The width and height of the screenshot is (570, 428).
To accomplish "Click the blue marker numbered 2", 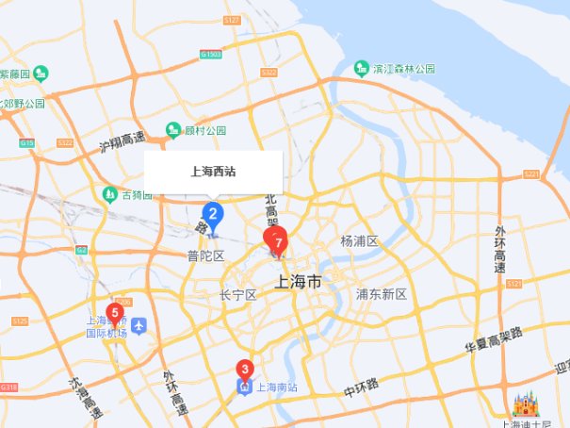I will pyautogui.click(x=213, y=214).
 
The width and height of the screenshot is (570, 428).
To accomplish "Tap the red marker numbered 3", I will pyautogui.click(x=245, y=370).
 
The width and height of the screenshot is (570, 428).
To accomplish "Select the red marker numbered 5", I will pyautogui.click(x=116, y=313).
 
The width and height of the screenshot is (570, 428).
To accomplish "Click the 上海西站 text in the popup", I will pyautogui.click(x=213, y=172).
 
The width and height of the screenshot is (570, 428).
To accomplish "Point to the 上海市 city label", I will pyautogui.click(x=298, y=282).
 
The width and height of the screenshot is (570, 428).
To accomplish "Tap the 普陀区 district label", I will pyautogui.click(x=204, y=255).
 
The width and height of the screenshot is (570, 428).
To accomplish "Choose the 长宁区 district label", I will pyautogui.click(x=237, y=295).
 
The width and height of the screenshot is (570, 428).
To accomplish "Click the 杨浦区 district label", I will pyautogui.click(x=359, y=241).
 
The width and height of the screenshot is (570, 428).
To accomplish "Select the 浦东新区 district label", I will pyautogui.click(x=381, y=294).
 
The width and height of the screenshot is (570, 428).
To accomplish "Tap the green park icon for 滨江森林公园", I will pyautogui.click(x=361, y=68).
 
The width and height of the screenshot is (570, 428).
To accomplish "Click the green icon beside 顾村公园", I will pyautogui.click(x=173, y=130).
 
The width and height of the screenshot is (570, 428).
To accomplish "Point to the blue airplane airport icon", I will pyautogui.click(x=140, y=326).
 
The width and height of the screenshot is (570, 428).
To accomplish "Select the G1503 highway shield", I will pyautogui.click(x=212, y=55).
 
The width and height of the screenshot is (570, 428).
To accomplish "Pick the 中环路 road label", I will pyautogui.click(x=360, y=387).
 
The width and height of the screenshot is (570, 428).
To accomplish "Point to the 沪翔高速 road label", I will pyautogui.click(x=122, y=142).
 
